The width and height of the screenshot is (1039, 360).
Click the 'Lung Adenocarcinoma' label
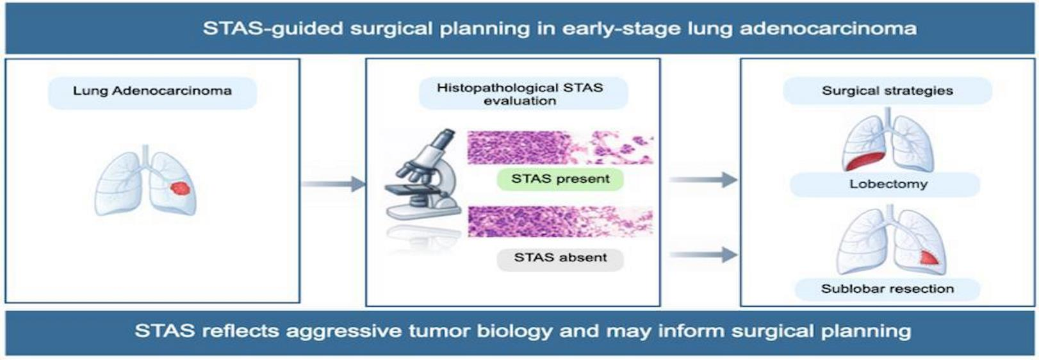coord(152,90)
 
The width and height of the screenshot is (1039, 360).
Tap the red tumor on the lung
coord(179,188)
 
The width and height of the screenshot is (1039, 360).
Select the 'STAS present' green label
coord(560,179)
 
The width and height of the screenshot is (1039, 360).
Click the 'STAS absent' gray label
coord(560,258)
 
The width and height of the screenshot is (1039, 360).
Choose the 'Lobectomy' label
coord(888,184)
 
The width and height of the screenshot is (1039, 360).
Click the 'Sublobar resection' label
coord(887,288)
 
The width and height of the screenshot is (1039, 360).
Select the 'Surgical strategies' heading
coord(887,90)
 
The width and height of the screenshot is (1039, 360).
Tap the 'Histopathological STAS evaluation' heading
coord(520,94)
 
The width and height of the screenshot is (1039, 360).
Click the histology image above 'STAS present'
coord(560,147)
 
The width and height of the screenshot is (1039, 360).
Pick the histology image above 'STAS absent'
coord(560,222)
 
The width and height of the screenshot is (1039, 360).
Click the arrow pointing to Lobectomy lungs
coord(703,179)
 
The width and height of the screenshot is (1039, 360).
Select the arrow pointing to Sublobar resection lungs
coord(703,254)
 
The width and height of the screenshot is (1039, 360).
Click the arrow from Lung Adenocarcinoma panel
coord(334,184)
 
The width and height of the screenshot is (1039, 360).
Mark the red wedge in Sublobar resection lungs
coord(928,258)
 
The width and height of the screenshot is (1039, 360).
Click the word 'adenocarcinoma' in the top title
coord(828,29)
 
